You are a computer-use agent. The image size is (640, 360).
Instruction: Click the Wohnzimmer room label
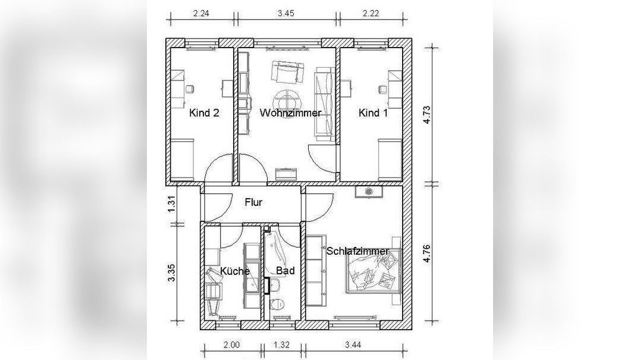[290, 112]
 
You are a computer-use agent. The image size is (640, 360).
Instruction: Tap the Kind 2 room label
[204, 112]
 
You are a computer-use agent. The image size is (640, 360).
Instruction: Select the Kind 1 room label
[373, 112]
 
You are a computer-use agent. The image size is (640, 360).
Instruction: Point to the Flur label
[253, 202]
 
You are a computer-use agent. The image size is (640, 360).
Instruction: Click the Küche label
[235, 271]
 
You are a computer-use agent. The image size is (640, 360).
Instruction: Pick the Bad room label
[286, 271]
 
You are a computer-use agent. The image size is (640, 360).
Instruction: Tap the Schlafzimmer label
[357, 252]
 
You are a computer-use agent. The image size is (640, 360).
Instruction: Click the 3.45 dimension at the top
[286, 13]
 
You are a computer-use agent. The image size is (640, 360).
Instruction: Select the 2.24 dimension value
[201, 13]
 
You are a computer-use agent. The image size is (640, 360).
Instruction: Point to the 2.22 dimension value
[371, 13]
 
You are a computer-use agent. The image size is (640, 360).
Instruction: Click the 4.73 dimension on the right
[427, 115]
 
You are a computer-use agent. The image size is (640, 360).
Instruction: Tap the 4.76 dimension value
[427, 253]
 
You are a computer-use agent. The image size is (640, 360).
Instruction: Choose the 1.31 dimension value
[171, 204]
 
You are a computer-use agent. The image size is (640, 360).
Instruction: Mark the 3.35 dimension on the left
[171, 273]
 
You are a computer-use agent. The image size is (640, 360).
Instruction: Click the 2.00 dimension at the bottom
[231, 345]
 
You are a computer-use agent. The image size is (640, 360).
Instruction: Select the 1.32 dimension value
[281, 345]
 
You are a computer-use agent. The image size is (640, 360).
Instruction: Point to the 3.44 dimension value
[353, 345]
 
